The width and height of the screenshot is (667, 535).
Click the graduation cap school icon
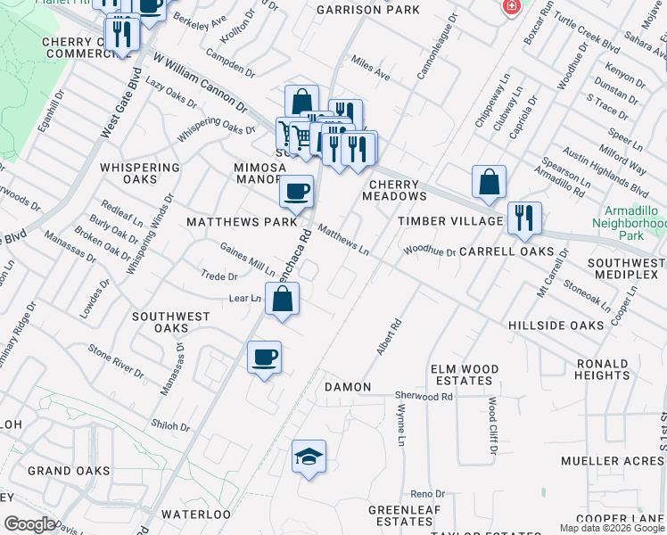(x=309, y=457)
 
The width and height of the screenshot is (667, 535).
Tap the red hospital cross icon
(x=512, y=7)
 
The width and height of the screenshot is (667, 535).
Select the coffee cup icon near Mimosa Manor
(x=296, y=190)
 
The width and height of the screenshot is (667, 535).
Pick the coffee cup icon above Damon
(x=264, y=358)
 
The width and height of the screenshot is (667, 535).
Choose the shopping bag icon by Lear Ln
(x=282, y=300)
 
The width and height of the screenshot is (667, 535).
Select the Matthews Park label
(x=229, y=221)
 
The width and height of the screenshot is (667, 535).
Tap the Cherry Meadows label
(x=394, y=189)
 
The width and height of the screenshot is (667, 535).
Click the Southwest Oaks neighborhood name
(x=171, y=322)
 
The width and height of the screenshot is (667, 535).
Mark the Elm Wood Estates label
(x=461, y=374)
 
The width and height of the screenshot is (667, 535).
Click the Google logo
(x=29, y=524)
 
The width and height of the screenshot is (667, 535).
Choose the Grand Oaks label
(x=69, y=471)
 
